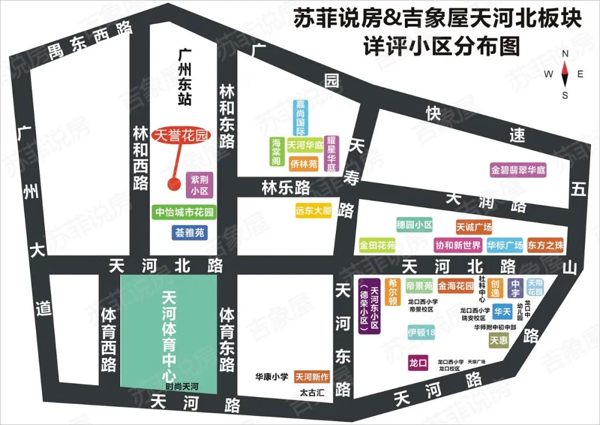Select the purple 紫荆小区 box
(199, 184)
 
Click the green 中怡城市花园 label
(183, 212)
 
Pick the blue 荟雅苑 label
(189, 233)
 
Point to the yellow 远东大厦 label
(313, 211)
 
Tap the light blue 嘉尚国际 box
(301, 118)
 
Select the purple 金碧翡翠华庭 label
(518, 170)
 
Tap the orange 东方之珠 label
(546, 245)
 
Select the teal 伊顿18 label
(421, 333)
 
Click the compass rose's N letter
(565, 54)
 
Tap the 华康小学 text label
(272, 377)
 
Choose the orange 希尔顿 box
(392, 293)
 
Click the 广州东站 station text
(185, 77)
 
